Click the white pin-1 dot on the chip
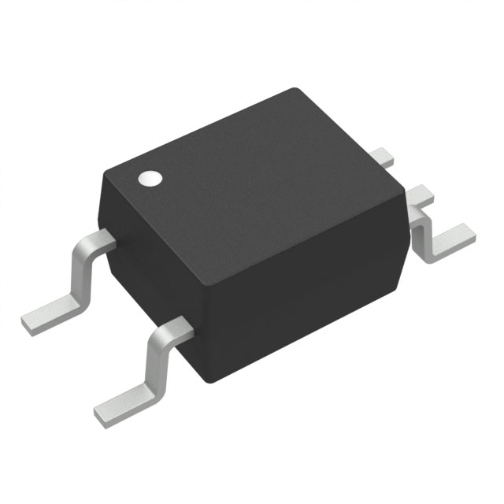(149, 178)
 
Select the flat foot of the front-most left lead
(126, 401)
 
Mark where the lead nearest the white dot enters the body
(109, 239)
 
